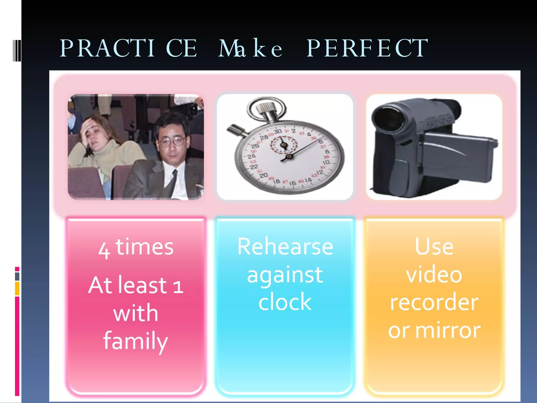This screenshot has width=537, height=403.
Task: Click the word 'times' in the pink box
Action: click(x=144, y=247)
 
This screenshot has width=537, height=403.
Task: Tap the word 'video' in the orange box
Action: click(x=434, y=274)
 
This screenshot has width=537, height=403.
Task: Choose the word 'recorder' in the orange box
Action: click(x=434, y=302)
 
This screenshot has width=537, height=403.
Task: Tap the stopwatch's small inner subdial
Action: click(x=284, y=145)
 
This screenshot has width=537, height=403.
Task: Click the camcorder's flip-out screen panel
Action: click(x=459, y=155)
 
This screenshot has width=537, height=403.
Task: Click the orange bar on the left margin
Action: click(x=17, y=289)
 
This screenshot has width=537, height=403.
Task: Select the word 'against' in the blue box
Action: click(x=285, y=275)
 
